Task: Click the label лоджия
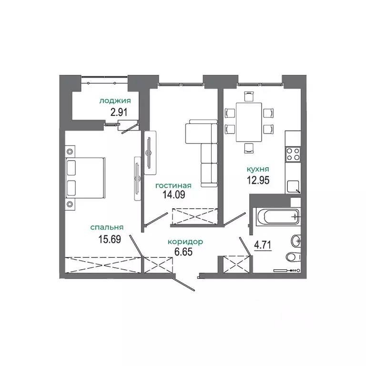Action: [x=115, y=101]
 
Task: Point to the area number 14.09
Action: [x=173, y=194]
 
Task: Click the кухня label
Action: [x=258, y=169]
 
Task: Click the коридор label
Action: [x=185, y=242]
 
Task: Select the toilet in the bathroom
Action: [x=292, y=258]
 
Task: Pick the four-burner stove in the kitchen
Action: [x=293, y=154]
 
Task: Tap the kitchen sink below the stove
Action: [x=292, y=185]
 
